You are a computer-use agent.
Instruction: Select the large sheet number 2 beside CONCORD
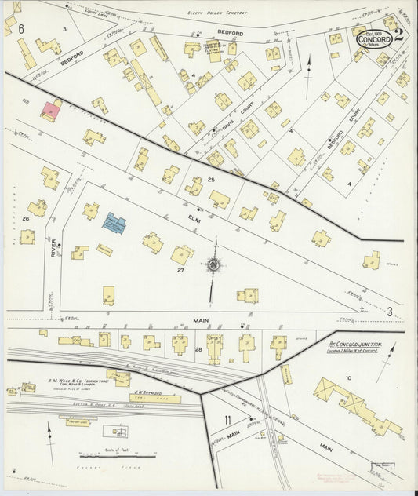point(399,36)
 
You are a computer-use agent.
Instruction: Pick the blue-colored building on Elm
point(115,222)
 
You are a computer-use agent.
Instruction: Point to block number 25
point(211,180)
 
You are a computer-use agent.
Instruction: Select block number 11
point(227,419)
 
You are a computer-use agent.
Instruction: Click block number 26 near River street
point(26,217)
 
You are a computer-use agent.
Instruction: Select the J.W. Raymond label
point(147,390)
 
